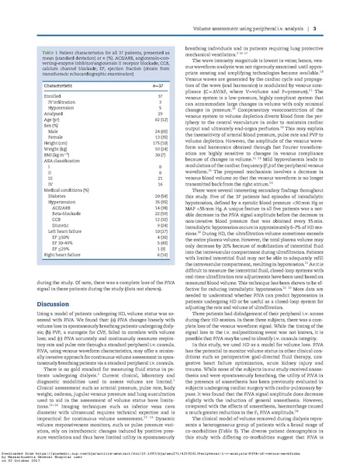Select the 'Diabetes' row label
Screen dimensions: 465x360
[47, 200]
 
